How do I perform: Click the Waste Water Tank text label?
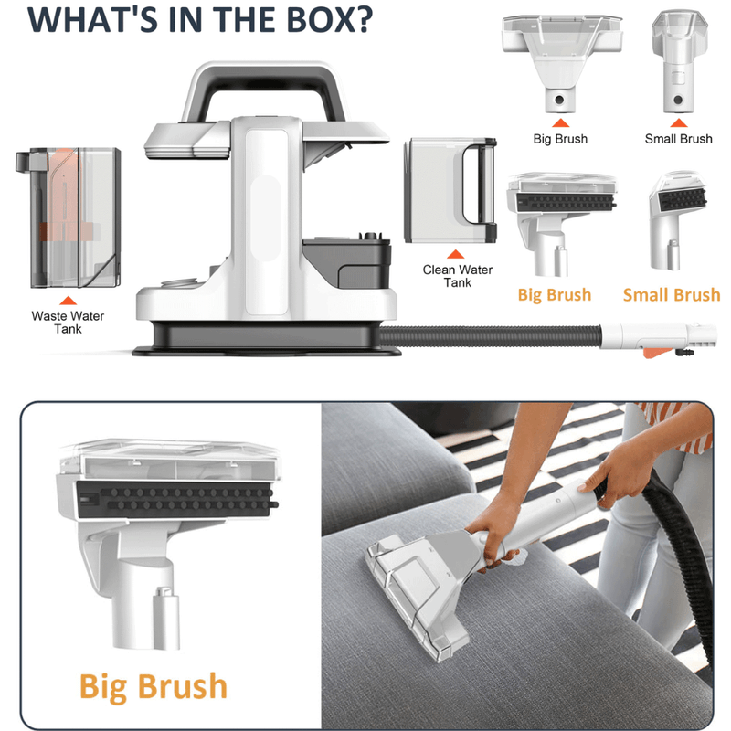tap(68, 322)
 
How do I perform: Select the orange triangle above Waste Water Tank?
tap(67, 299)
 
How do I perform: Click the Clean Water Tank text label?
tap(458, 276)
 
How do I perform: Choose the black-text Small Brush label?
tap(678, 139)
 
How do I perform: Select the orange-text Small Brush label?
tap(672, 294)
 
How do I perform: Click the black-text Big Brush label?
tap(560, 139)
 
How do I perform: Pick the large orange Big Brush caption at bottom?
tap(153, 686)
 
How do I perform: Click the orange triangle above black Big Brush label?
tap(560, 121)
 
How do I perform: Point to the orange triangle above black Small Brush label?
tap(678, 121)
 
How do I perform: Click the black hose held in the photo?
tap(672, 539)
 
